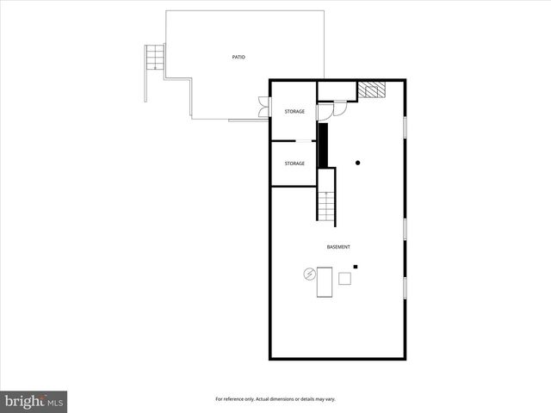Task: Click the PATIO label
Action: (x=238, y=58)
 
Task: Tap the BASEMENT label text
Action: (x=338, y=248)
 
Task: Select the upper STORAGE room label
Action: (x=294, y=112)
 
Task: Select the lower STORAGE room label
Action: (x=294, y=163)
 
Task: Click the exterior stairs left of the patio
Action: (x=154, y=58)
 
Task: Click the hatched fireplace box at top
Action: (x=372, y=90)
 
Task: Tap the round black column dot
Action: (x=358, y=163)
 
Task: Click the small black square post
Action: (x=356, y=267)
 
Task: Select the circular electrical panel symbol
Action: (x=308, y=275)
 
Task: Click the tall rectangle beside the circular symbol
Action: (x=325, y=282)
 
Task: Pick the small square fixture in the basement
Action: (x=344, y=278)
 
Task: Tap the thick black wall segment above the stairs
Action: (x=324, y=145)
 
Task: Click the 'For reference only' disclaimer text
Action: (x=275, y=399)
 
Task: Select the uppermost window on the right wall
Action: (x=405, y=126)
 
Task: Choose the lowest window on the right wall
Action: (x=405, y=288)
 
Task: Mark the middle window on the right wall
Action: (x=405, y=229)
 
